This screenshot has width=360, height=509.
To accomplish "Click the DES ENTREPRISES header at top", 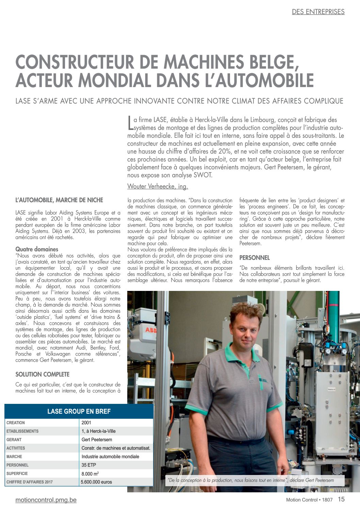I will click(x=318, y=12).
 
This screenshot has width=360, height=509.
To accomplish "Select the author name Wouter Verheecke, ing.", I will click(x=158, y=186).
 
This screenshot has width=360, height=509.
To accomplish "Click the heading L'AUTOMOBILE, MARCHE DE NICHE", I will click(x=59, y=200).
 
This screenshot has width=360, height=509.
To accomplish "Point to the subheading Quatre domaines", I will click(x=37, y=249).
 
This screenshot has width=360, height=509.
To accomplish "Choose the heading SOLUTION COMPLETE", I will click(x=42, y=374).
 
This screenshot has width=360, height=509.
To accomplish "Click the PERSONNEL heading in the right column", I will click(x=255, y=258).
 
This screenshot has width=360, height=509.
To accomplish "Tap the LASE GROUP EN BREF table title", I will click(x=79, y=411).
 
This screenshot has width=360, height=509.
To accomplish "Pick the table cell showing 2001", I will click(x=86, y=423).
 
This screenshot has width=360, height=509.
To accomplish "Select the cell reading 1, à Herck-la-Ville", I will click(x=99, y=431).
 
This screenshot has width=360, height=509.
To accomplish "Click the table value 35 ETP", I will click(x=89, y=465).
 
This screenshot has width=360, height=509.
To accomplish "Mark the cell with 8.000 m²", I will click(x=90, y=473).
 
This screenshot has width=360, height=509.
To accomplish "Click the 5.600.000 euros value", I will click(x=97, y=482).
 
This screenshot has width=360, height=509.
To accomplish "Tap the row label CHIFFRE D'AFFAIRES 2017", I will click(x=30, y=482).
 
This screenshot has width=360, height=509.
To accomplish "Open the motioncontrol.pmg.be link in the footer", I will click(x=46, y=500).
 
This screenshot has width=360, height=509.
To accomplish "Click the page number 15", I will click(x=341, y=499).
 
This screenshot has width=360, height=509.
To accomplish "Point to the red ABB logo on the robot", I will click(x=151, y=330).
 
